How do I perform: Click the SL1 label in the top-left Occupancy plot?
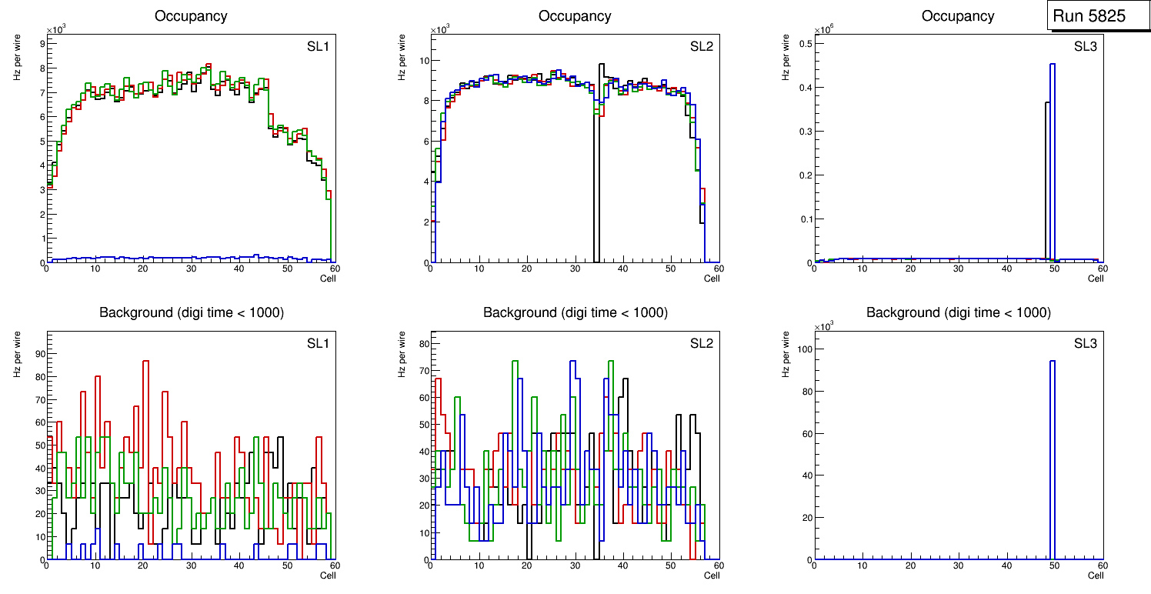coord(318,47)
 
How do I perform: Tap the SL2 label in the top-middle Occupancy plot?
coord(702,47)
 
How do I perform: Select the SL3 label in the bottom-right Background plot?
coord(1086,342)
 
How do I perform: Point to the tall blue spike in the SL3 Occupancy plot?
coord(1052,162)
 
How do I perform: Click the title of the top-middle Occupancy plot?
coord(575,16)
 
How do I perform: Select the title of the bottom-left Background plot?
coord(191,312)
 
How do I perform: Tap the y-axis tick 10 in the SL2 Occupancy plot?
coord(423,61)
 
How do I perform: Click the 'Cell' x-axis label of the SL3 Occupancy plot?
coord(1096,279)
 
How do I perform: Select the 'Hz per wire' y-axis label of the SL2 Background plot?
coord(402,354)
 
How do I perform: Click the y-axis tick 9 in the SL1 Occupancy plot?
coord(40,44)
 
